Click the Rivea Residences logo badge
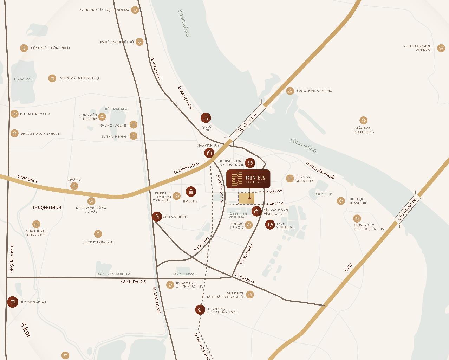[248, 179]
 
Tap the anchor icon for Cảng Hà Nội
[206, 118]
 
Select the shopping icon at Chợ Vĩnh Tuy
[209, 153]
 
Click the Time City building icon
[191, 192]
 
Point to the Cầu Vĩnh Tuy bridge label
[247, 124]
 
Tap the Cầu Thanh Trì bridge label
[407, 209]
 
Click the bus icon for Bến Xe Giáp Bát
[13, 302]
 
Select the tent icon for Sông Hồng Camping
[290, 91]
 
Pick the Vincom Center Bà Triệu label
[80, 78]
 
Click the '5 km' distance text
[25, 329]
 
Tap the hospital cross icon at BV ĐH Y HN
[200, 310]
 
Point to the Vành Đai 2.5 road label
[133, 282]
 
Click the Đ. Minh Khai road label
[187, 168]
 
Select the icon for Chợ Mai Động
[157, 217]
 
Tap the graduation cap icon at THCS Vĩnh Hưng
[270, 225]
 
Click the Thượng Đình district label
[47, 208]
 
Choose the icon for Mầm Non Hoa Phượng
[363, 121]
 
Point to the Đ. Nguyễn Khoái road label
[320, 170]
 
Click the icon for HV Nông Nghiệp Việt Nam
[441, 49]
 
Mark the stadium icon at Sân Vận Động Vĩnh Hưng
[257, 211]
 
